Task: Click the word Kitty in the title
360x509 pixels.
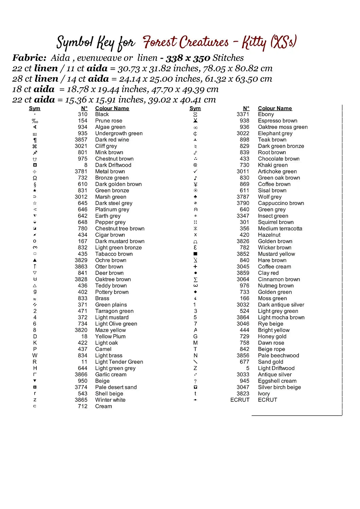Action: [254, 43]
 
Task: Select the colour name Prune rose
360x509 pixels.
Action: [108, 121]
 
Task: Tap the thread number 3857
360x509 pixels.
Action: [81, 140]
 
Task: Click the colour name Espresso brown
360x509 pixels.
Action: [277, 121]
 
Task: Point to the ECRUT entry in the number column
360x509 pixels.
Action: [240, 400]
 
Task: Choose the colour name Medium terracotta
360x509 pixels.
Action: [280, 229]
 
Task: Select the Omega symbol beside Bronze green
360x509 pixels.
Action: [35, 178]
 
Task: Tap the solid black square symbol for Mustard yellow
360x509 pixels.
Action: [195, 254]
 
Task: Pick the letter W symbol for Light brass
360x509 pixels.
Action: [35, 356]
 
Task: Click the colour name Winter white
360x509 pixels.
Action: [110, 400]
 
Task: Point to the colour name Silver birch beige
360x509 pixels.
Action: [279, 388]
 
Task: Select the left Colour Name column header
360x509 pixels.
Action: [112, 109]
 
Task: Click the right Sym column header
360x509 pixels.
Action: [195, 109]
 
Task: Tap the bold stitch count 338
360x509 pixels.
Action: [174, 58]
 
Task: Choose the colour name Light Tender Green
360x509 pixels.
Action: [119, 362]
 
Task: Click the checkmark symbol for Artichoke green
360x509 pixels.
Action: [195, 172]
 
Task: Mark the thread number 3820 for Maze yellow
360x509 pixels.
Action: [81, 330]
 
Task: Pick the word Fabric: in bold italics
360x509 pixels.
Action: [29, 58]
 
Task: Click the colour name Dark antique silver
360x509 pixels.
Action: [281, 305]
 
